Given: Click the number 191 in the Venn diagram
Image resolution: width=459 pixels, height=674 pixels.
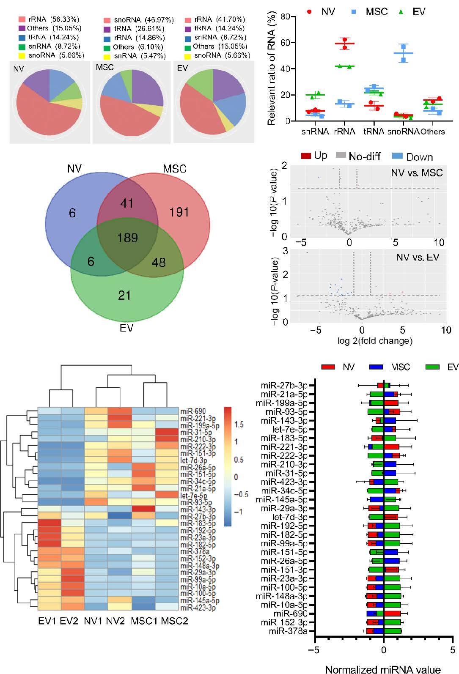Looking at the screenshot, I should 179,211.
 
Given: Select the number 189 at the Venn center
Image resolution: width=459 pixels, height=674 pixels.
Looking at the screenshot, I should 128,238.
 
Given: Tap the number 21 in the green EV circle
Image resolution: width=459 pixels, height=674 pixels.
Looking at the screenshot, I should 124,295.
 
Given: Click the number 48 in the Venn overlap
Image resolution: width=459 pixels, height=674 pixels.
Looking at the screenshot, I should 159,262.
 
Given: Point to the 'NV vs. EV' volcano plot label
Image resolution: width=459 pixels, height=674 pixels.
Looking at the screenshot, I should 418,257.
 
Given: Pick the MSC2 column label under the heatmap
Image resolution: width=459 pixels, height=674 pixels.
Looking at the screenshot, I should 171,621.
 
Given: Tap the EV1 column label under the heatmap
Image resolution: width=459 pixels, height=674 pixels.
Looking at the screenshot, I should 46,621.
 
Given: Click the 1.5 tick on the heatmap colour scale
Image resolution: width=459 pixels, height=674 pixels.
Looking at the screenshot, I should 239,424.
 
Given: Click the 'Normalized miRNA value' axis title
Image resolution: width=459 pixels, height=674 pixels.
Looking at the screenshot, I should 383,669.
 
